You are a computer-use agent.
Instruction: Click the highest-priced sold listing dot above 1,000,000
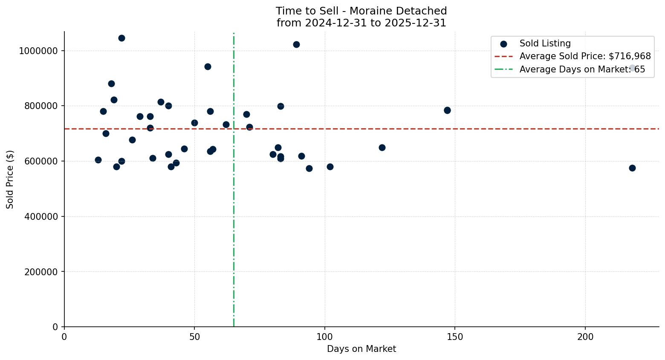click(121, 38)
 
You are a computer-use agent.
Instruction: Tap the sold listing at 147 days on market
click(447, 110)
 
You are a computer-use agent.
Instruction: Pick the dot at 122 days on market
click(382, 148)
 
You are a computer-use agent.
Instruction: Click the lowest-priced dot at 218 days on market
click(632, 168)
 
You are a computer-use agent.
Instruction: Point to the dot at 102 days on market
click(330, 167)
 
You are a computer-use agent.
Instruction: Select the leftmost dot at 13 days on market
click(98, 160)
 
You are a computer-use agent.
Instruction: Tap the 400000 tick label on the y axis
click(38, 216)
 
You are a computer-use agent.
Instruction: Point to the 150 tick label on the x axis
click(455, 337)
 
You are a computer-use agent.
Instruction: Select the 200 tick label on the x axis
click(585, 337)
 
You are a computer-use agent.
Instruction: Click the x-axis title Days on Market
click(361, 349)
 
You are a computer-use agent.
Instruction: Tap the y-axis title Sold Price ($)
click(10, 179)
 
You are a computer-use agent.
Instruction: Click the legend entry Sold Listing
click(545, 43)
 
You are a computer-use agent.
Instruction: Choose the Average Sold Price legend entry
click(585, 56)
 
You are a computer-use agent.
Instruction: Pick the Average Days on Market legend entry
click(582, 69)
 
